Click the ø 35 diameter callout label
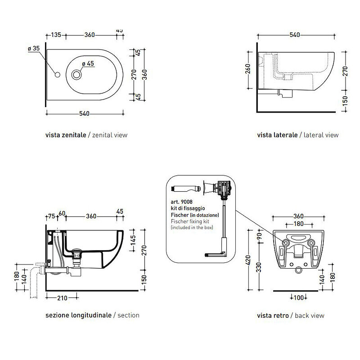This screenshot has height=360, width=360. click(x=34, y=49)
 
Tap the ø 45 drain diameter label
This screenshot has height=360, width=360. click(x=88, y=63)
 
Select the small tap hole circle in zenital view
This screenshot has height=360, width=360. click(x=58, y=75)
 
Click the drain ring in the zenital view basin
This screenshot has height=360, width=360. click(x=76, y=75)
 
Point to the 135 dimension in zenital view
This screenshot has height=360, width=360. click(x=56, y=35)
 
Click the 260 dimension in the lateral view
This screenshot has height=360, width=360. click(x=248, y=69)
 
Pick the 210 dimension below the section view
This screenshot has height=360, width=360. click(x=62, y=298)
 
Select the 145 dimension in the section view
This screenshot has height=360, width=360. click(x=133, y=240)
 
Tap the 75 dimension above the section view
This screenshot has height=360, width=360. click(x=52, y=216)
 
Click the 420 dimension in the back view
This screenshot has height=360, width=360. click(x=248, y=261)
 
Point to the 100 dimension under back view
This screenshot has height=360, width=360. click(x=298, y=298)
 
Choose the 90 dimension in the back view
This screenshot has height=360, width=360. click(x=259, y=236)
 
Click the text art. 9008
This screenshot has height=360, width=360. click(x=182, y=202)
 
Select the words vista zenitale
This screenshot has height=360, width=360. click(x=66, y=135)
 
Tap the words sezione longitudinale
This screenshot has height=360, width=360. click(x=78, y=315)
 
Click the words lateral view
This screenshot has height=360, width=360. click(x=321, y=135)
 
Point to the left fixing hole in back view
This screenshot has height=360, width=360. click(x=286, y=243)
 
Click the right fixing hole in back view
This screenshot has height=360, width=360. click(x=311, y=243)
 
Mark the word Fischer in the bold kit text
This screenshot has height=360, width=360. click(x=180, y=215)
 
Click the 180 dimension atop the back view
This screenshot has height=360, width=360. click(x=298, y=224)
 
